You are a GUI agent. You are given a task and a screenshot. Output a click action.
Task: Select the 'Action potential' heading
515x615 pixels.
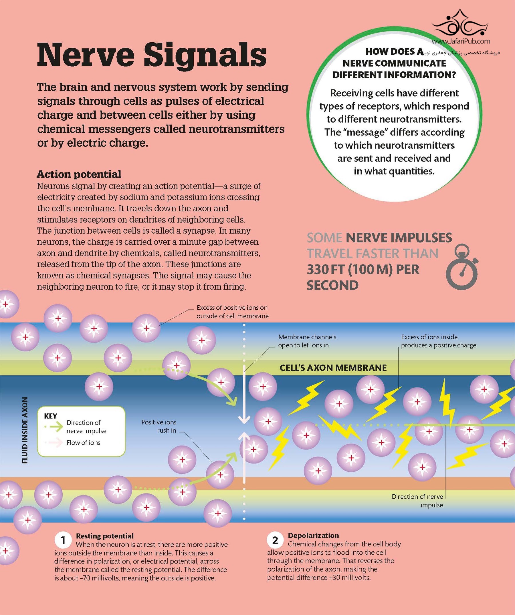coord(79,174)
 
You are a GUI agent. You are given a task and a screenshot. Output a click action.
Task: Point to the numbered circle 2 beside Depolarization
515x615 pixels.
coord(275,540)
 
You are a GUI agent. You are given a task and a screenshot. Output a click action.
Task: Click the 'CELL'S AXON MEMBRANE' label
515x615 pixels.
coord(333,368)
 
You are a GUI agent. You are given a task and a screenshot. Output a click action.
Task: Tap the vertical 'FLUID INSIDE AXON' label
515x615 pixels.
coord(25,430)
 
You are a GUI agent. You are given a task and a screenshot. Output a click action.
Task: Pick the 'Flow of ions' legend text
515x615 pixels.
coord(83,443)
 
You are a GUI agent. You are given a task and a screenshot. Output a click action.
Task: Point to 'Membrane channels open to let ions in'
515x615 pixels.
coord(307,341)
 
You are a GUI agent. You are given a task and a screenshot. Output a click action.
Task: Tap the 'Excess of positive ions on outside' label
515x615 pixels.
coord(232,312)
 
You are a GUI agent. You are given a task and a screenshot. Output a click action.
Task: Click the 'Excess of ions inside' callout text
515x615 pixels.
coord(438,341)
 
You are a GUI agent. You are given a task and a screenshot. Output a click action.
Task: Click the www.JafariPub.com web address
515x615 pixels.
coord(461,41)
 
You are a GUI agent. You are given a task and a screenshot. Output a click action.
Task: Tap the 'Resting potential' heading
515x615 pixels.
coord(105,536)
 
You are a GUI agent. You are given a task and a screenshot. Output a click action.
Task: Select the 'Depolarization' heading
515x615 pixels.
coord(313,535)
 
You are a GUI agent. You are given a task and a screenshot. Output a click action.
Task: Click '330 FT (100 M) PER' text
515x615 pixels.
coord(363,269)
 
